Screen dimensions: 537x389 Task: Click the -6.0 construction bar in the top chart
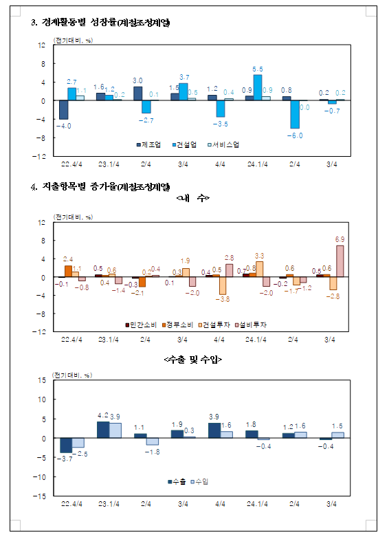[295, 114]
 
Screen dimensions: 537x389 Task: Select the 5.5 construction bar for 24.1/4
[258, 87]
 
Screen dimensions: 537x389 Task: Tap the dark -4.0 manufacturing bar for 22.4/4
[63, 110]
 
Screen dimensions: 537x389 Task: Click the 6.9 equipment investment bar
[340, 261]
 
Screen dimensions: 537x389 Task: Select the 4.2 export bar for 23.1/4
[102, 430]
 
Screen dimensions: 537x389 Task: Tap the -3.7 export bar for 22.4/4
[66, 446]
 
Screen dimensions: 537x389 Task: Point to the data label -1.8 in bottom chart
[153, 451]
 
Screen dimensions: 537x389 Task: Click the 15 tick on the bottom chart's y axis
[42, 380]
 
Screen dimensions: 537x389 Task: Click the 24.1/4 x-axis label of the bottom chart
[256, 504]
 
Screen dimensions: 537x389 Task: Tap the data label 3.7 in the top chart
[184, 76]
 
